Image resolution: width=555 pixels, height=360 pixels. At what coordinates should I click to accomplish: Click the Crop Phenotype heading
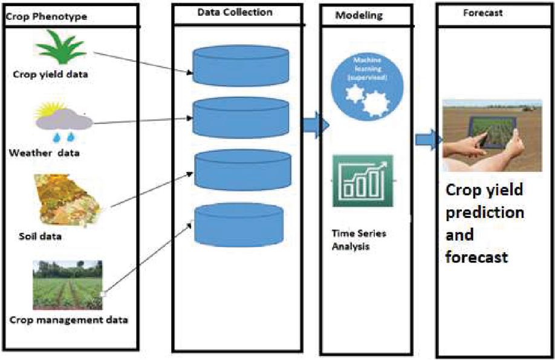coord(46,16)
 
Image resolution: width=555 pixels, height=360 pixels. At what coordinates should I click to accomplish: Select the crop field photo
coord(67,284)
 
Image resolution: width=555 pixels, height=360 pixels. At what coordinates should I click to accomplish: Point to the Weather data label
coord(45,152)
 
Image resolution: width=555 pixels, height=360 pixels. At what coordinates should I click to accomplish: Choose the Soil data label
coord(41,236)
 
